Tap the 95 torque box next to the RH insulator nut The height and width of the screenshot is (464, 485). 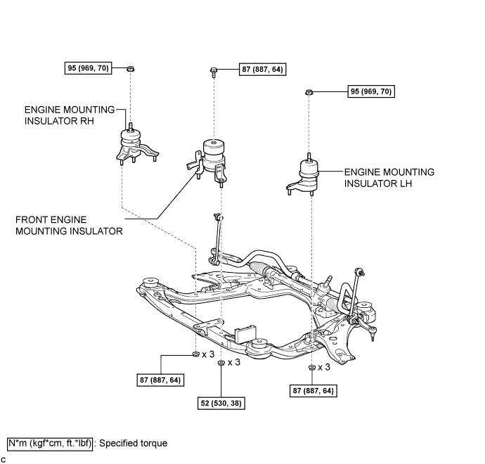pos(90,69)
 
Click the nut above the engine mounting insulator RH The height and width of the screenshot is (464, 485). pos(131,69)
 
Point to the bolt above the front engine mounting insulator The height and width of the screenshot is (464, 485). pos(214,70)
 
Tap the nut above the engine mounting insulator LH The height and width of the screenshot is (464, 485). pos(309,92)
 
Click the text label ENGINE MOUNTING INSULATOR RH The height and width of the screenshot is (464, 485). pos(69,115)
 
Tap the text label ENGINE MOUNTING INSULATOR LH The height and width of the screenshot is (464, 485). pos(389,177)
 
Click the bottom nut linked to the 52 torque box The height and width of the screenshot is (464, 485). pos(221,363)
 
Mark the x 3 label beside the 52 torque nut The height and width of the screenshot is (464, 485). pos(235,363)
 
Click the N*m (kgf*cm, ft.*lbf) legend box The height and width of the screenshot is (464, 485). pos(49,444)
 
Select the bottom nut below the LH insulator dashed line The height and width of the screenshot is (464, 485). pos(311,368)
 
